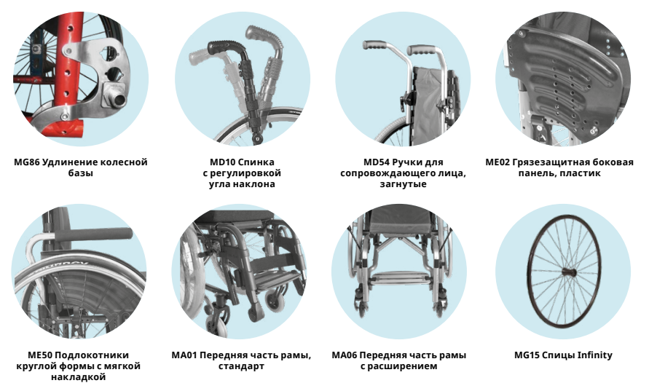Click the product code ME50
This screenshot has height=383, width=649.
(x=40, y=355)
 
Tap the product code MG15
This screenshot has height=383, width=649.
(x=527, y=355)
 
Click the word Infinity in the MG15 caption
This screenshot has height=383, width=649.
(x=595, y=355)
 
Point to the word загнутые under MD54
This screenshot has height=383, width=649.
(x=403, y=184)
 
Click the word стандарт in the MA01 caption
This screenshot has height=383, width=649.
(x=241, y=366)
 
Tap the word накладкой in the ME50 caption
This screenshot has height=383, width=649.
(x=78, y=376)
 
